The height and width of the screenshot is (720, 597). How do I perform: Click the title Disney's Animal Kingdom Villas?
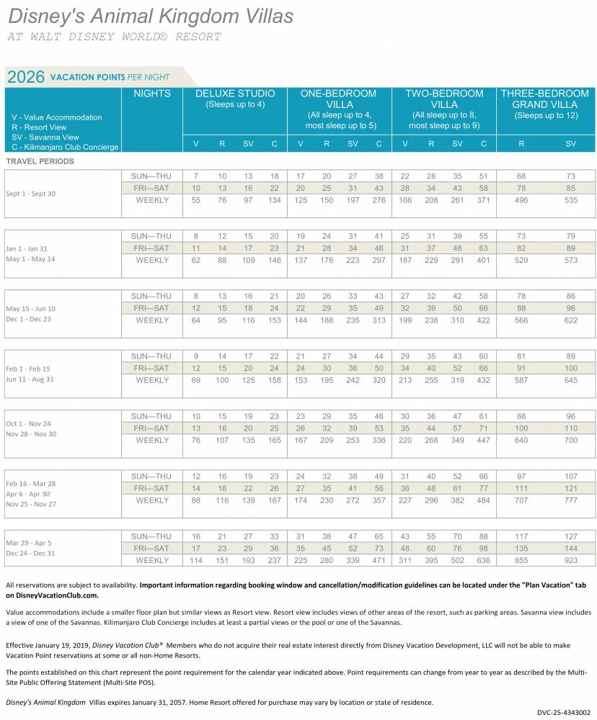click(x=151, y=17)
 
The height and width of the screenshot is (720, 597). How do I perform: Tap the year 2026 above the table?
click(x=26, y=77)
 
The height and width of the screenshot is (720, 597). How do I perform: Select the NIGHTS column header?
click(x=152, y=94)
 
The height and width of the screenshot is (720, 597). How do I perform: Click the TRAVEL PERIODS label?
click(x=40, y=161)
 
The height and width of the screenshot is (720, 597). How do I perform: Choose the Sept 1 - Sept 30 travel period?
click(x=30, y=194)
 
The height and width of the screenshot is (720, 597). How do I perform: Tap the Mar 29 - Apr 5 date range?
click(x=29, y=543)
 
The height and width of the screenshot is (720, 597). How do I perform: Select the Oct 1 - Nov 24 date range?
click(x=28, y=423)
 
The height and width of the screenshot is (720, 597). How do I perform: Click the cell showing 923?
click(x=571, y=560)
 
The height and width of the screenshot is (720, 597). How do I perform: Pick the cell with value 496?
click(x=521, y=200)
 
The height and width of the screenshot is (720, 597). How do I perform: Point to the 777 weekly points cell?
click(x=571, y=500)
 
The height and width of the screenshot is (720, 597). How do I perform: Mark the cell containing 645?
click(x=571, y=380)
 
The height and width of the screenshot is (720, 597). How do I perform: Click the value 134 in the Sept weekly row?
click(x=274, y=200)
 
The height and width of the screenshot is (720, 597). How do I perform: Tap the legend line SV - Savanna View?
click(x=45, y=137)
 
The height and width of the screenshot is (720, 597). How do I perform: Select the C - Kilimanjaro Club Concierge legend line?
click(x=65, y=147)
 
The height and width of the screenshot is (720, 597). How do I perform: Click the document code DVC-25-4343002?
click(x=563, y=712)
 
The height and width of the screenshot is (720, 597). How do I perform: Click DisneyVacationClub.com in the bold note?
click(x=57, y=595)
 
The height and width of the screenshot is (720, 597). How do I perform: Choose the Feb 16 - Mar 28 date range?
click(x=30, y=484)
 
